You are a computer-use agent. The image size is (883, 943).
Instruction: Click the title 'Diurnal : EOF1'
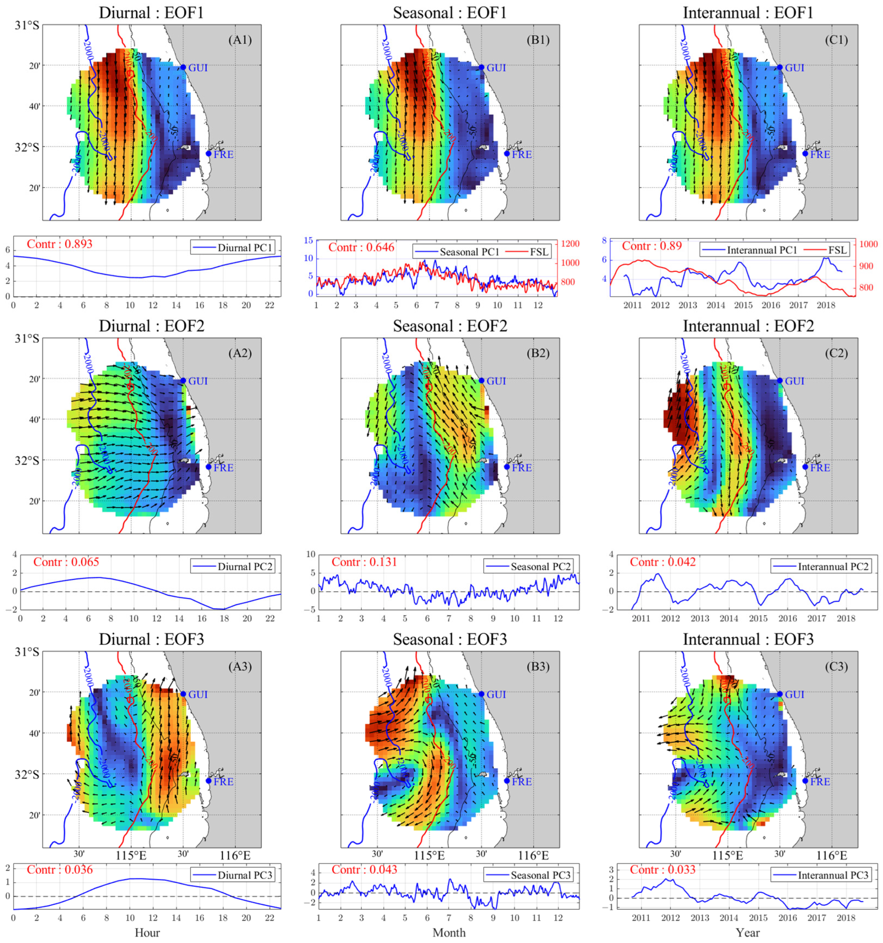(151, 13)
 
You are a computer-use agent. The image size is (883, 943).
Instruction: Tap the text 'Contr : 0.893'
(59, 244)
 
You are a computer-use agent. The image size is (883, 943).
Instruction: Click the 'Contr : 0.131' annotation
(364, 562)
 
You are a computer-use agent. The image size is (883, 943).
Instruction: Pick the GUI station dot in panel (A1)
(183, 67)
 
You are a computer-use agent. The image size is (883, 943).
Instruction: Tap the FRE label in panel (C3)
(820, 781)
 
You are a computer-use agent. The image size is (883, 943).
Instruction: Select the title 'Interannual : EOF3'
(748, 639)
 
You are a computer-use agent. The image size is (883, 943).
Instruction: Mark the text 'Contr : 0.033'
(662, 869)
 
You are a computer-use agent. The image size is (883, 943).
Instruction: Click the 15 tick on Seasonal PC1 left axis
(308, 241)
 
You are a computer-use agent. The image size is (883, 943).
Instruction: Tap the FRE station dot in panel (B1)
(507, 153)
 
